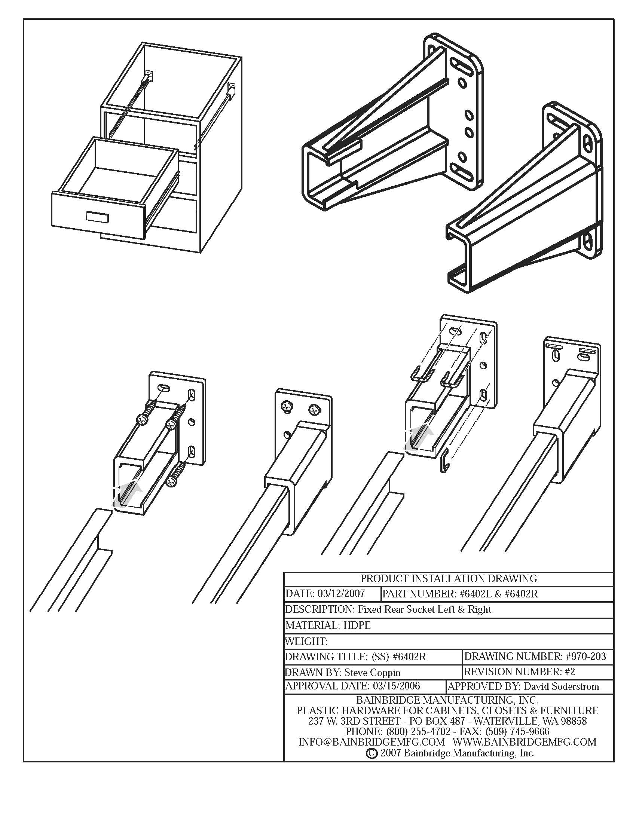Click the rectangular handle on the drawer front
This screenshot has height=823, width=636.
[x=97, y=217]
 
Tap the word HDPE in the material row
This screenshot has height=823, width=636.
[x=357, y=625]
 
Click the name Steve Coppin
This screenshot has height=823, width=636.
[x=372, y=672]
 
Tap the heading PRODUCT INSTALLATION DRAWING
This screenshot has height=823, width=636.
[x=449, y=578]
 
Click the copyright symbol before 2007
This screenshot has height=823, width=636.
[x=371, y=753]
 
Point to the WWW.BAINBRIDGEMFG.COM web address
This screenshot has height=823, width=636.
[x=525, y=742]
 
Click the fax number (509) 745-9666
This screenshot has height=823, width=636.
[x=517, y=731]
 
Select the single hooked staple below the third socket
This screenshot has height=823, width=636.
[x=444, y=461]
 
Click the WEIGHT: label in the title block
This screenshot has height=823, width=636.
[x=306, y=641]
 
